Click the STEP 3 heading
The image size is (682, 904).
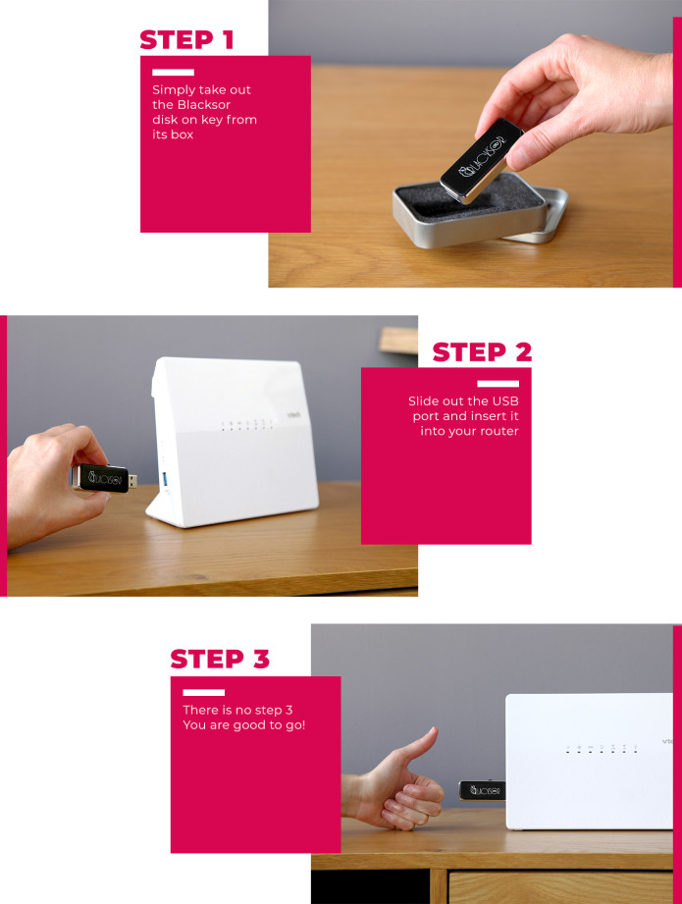(x=220, y=659)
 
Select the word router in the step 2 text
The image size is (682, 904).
(x=498, y=432)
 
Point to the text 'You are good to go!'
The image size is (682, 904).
(x=244, y=725)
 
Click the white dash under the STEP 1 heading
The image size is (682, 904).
(x=173, y=73)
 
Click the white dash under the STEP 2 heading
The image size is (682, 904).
(x=498, y=384)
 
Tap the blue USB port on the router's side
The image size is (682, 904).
(x=164, y=480)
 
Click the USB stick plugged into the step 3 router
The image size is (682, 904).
(x=482, y=790)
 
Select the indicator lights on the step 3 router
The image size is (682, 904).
(x=602, y=748)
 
